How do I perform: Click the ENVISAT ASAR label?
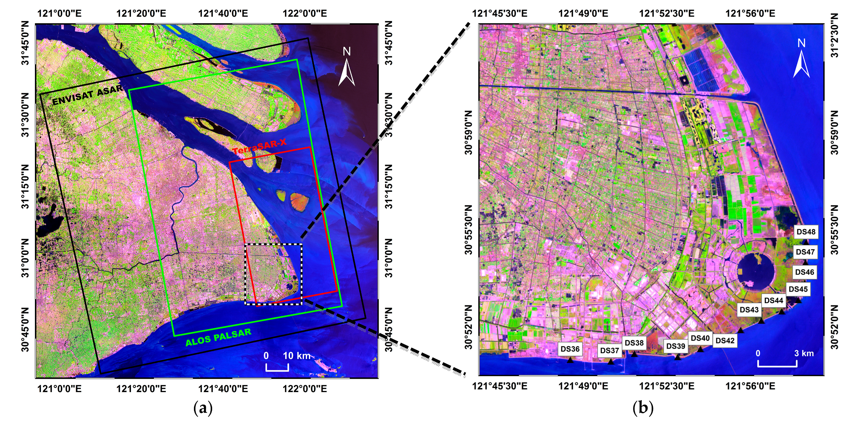pyautogui.click(x=88, y=95)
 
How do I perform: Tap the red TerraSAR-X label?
pyautogui.click(x=259, y=146)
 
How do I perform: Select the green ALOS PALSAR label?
pyautogui.click(x=218, y=337)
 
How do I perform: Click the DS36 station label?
pyautogui.click(x=570, y=349)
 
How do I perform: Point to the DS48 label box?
pyautogui.click(x=806, y=232)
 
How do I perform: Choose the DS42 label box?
pyautogui.click(x=725, y=341)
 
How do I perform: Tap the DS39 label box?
pyautogui.click(x=676, y=346)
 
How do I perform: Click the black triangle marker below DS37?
pyautogui.click(x=611, y=361)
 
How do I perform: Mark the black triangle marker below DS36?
pyautogui.click(x=570, y=359)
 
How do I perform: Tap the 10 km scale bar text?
pyautogui.click(x=296, y=356)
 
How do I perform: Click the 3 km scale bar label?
pyautogui.click(x=804, y=353)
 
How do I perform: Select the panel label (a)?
pyautogui.click(x=203, y=408)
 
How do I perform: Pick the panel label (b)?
pyautogui.click(x=643, y=408)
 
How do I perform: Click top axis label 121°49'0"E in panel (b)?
pyautogui.click(x=583, y=14)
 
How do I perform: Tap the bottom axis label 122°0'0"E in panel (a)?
pyautogui.click(x=304, y=389)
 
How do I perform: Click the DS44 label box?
pyautogui.click(x=774, y=301)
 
